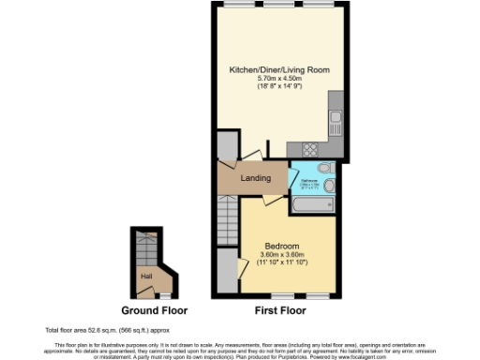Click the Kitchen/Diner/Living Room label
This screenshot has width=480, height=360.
(279, 70)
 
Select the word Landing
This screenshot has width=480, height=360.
(256, 177)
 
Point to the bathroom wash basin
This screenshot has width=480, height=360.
(328, 185)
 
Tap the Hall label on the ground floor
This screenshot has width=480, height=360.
(146, 276)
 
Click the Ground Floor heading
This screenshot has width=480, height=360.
(155, 310)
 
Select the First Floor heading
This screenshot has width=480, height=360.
(277, 310)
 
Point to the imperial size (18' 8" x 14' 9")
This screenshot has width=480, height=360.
(279, 86)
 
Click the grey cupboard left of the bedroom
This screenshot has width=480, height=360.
(227, 269)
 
